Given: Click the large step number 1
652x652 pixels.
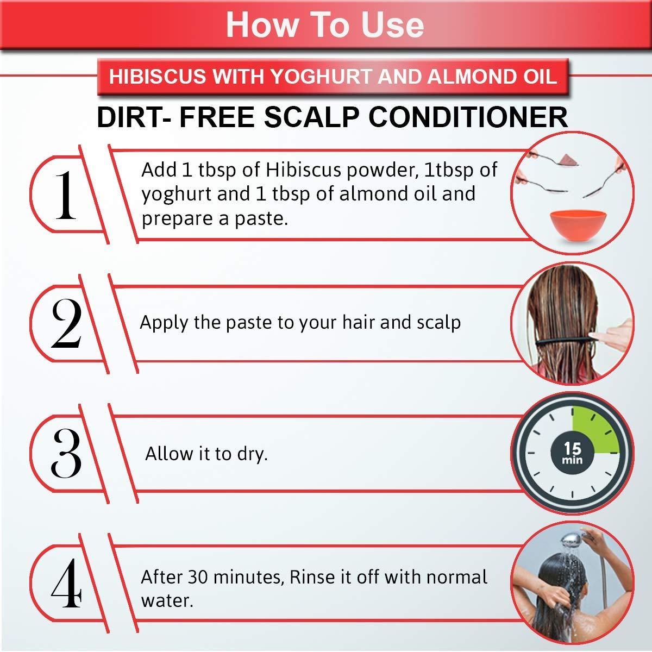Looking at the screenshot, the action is (x=66, y=195).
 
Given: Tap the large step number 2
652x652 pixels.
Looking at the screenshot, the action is (x=66, y=324).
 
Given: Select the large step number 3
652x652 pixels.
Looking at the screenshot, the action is (x=66, y=453).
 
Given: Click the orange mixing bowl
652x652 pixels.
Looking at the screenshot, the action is (x=572, y=225).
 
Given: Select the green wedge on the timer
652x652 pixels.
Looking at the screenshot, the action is (x=594, y=431).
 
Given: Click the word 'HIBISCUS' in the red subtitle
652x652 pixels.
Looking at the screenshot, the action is (x=158, y=76).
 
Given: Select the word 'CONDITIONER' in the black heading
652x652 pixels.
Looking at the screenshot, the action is (x=468, y=117).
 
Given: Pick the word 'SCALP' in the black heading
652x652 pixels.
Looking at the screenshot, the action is (x=311, y=117).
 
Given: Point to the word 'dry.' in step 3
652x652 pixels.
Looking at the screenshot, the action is (x=252, y=454).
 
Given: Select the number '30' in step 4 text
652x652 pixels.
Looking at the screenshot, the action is (x=198, y=577).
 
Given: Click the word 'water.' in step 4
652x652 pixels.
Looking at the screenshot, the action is (x=167, y=601).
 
